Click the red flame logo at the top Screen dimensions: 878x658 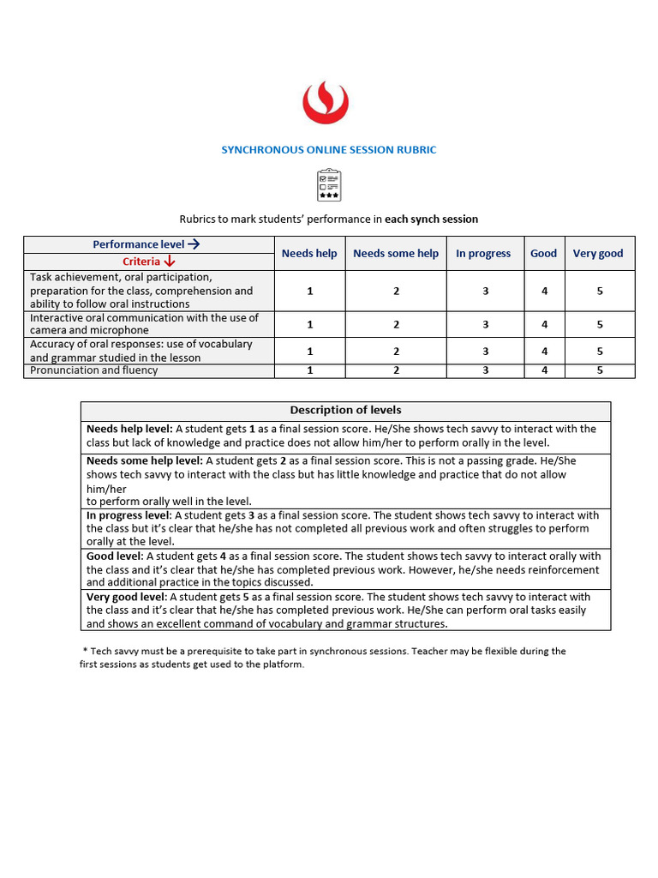325,103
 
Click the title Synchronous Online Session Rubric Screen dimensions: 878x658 329,150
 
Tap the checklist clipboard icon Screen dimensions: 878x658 329,185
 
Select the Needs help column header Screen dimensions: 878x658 309,254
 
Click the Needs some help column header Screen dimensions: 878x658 395,254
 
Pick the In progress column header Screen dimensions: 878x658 483,254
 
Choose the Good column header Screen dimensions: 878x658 543,254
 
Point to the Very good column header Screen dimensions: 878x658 598,254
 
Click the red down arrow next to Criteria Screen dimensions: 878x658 170,262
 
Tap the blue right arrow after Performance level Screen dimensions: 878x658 194,244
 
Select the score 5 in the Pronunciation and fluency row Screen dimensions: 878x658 600,370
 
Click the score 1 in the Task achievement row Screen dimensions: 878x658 309,291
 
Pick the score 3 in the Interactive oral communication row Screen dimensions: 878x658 485,324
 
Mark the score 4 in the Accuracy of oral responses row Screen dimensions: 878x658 544,352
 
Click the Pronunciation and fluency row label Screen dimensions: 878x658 94,370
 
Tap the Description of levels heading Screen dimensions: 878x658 345,410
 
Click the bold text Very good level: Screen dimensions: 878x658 127,597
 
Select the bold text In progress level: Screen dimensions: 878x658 129,515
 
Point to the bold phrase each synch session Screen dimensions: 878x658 431,219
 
